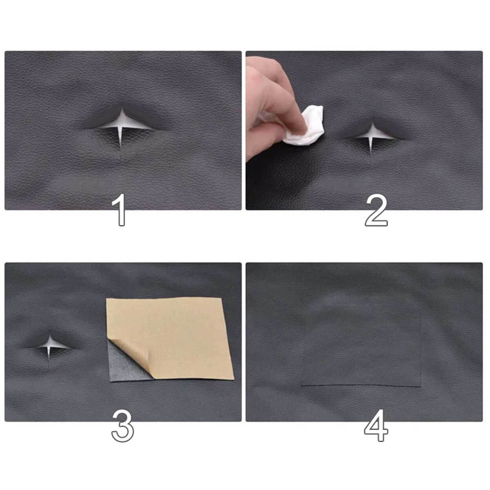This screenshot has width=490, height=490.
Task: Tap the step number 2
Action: click(x=376, y=210)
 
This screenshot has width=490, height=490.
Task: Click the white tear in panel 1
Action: click(x=122, y=127)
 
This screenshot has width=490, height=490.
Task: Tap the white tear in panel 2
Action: click(x=372, y=136)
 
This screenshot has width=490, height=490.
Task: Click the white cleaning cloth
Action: click(x=305, y=126)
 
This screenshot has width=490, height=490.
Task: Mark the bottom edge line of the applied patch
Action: click(x=361, y=387)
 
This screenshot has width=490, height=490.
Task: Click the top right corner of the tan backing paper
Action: click(x=221, y=298)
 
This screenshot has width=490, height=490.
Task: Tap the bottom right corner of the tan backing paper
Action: click(x=233, y=379)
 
